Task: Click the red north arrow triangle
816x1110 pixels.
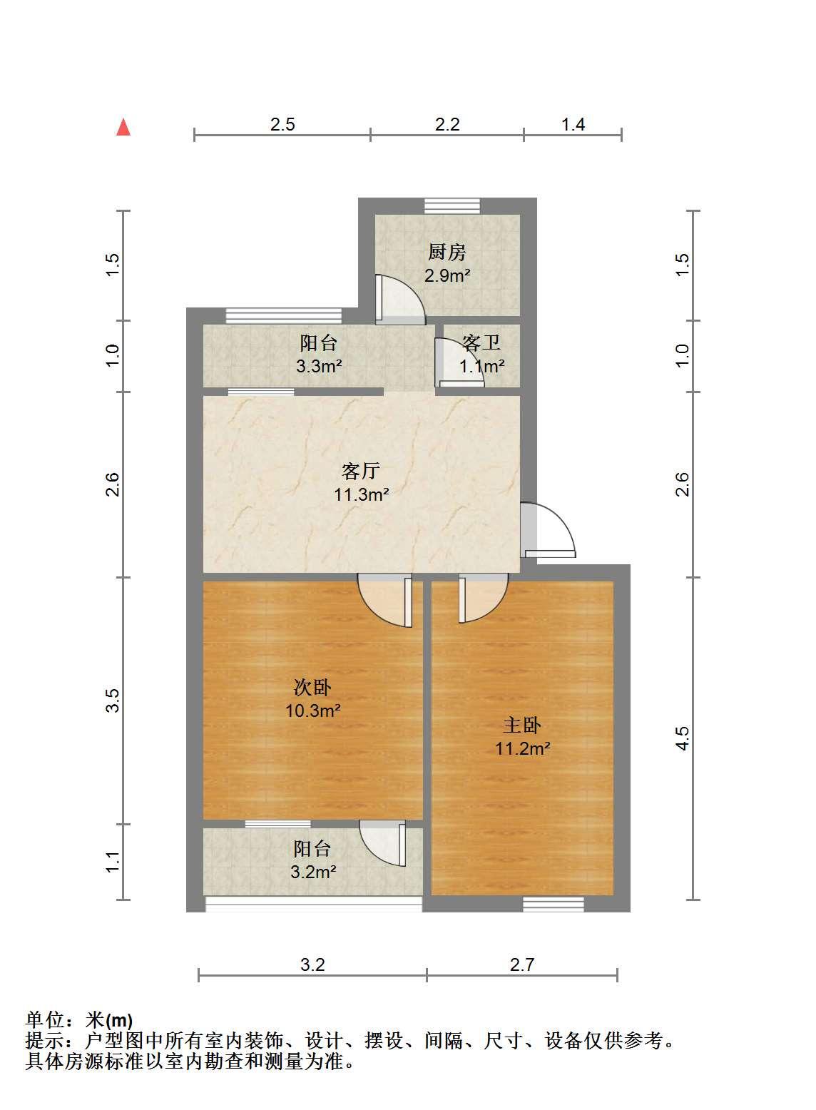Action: coord(123,128)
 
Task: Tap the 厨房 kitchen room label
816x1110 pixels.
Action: coord(447,253)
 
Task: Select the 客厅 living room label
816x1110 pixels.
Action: coord(361,471)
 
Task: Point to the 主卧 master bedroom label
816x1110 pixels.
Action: coord(522,725)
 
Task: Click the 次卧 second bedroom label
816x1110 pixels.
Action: coord(312,687)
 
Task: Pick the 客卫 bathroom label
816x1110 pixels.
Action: coord(481,342)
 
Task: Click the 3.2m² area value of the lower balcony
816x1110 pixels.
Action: coord(314,885)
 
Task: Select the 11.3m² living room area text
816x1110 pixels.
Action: coord(361,494)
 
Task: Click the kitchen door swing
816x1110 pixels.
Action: coord(399,300)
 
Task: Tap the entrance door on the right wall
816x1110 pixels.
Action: coord(548,530)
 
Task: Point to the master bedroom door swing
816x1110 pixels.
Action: coord(483,598)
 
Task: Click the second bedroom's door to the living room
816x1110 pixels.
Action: coord(385,600)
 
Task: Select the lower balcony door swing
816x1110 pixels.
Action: coord(382,843)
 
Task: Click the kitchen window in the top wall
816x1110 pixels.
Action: coord(452,205)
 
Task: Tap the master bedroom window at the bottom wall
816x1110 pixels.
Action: coord(554,905)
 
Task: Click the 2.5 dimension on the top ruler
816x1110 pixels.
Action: coord(282,124)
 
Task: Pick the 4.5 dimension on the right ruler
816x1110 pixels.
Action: coord(682,738)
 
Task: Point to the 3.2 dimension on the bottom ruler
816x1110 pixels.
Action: coord(312,964)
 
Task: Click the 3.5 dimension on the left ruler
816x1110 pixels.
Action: coord(113,701)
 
